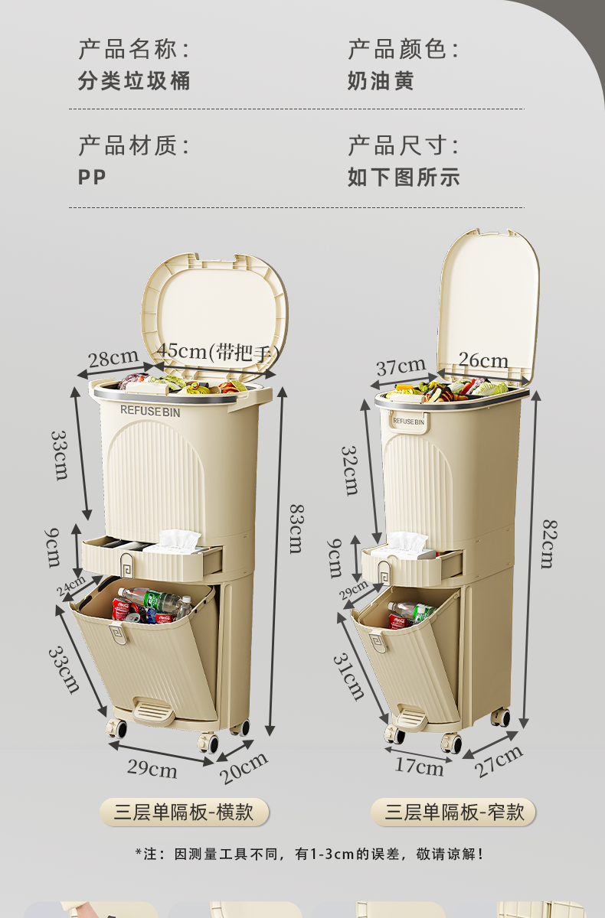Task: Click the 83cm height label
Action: [x=296, y=529]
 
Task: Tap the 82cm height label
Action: [x=550, y=544]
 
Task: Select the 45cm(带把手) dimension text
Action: [x=218, y=353]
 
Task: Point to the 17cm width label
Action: [x=419, y=767]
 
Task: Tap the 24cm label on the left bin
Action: [x=70, y=584]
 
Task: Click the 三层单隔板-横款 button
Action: [x=184, y=812]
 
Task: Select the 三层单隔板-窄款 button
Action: [x=453, y=812]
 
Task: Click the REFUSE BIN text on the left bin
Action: [x=150, y=411]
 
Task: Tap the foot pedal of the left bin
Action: [x=153, y=712]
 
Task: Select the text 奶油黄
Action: [x=381, y=80]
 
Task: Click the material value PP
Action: [x=92, y=177]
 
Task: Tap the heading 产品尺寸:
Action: [x=404, y=145]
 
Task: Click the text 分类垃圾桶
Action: [x=134, y=80]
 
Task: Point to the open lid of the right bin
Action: [x=488, y=308]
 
